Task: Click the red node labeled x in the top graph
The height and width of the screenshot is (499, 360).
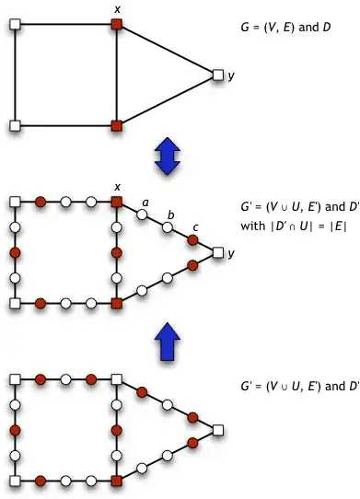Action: coord(116,23)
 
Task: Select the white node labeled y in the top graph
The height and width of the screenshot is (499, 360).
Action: coord(217,74)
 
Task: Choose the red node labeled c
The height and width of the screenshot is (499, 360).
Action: coord(192,239)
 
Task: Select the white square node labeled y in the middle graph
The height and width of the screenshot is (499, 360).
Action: coord(217,251)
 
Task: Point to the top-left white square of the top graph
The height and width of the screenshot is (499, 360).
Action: coord(15,23)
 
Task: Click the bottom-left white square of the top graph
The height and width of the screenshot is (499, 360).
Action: coord(15,124)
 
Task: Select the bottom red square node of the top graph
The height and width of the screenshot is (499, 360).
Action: coord(116,124)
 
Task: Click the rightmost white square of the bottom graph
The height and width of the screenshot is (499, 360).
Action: coord(217,429)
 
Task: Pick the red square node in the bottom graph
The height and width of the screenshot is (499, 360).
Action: coord(116,480)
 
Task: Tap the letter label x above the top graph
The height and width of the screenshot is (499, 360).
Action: coord(117,8)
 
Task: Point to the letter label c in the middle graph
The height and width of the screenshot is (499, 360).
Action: coord(195,226)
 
